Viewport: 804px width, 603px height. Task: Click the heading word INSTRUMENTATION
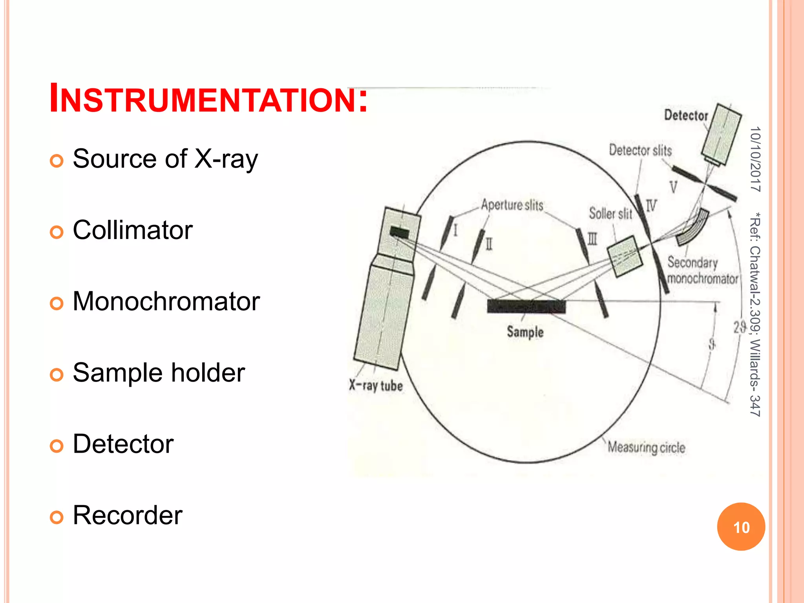pos(208,98)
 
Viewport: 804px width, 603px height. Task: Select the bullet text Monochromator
pos(166,301)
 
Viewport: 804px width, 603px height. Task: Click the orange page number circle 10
pos(741,527)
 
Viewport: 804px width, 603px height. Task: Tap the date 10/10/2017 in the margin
pos(755,159)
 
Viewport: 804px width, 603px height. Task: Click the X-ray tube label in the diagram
pos(376,386)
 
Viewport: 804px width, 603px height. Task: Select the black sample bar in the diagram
pos(526,306)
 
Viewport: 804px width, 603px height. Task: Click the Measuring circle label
pos(646,448)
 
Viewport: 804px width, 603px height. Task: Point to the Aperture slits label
pos(512,205)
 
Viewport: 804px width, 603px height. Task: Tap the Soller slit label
pos(610,214)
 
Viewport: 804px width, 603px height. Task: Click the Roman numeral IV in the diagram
pos(651,205)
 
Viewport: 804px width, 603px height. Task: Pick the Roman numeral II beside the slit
pos(489,244)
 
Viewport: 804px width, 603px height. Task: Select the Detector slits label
pos(640,150)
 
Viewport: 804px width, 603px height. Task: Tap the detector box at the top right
pos(722,133)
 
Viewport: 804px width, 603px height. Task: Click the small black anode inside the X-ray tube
pos(399,232)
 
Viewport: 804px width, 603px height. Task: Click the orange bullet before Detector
pos(57,446)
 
